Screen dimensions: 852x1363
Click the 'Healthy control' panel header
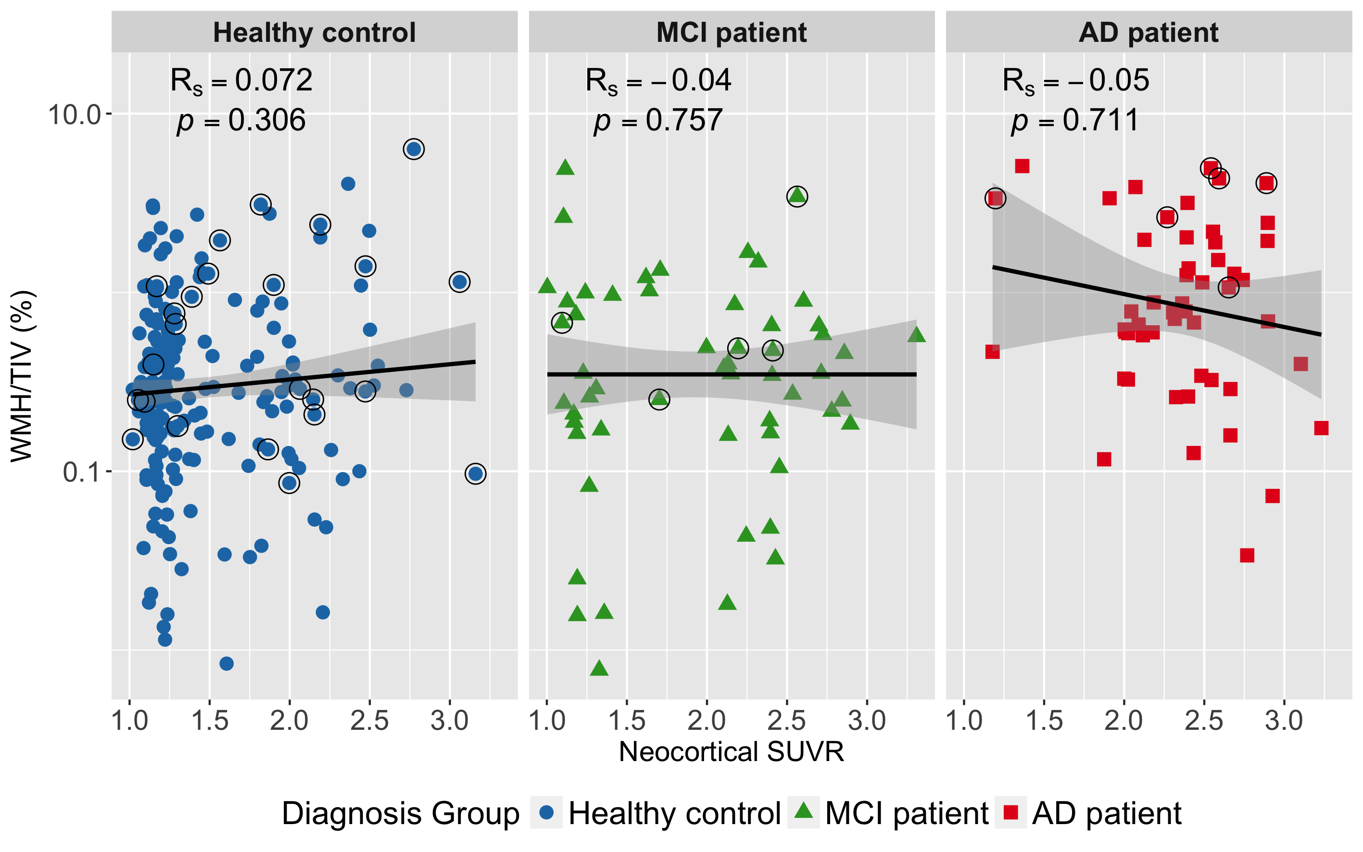[x=314, y=32]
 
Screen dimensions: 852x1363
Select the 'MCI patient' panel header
[x=731, y=32]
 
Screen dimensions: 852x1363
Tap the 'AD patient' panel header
[x=1148, y=32]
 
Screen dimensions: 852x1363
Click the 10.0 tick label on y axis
[x=74, y=115]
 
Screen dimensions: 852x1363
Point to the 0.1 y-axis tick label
[x=79, y=472]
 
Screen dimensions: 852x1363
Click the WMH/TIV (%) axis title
[x=23, y=376]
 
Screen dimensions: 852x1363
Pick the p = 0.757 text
[x=658, y=120]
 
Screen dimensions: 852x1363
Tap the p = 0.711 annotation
[x=1074, y=120]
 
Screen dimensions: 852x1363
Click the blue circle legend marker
[x=546, y=813]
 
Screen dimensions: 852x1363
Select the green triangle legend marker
[x=803, y=812]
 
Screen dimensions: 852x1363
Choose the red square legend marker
[x=1010, y=813]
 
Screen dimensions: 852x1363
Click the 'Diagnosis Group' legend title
[x=401, y=813]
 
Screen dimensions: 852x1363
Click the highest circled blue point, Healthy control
[x=414, y=149]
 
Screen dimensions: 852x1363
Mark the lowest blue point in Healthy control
[x=227, y=664]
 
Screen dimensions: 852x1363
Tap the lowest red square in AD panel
[x=1247, y=556]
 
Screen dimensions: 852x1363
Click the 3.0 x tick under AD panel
[x=1284, y=721]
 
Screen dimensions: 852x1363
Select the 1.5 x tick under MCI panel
[x=627, y=721]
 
